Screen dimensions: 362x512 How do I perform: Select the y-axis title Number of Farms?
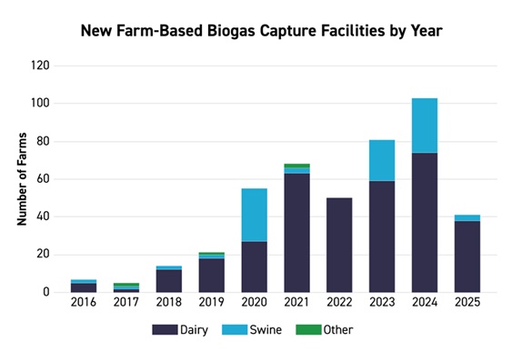pyautogui.click(x=21, y=178)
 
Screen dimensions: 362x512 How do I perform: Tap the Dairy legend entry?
pyautogui.click(x=183, y=330)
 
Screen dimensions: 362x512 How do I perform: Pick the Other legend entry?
pyautogui.click(x=327, y=330)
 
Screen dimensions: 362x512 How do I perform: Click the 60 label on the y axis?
pyautogui.click(x=41, y=179)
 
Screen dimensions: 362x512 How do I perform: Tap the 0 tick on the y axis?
pyautogui.click(x=45, y=292)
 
